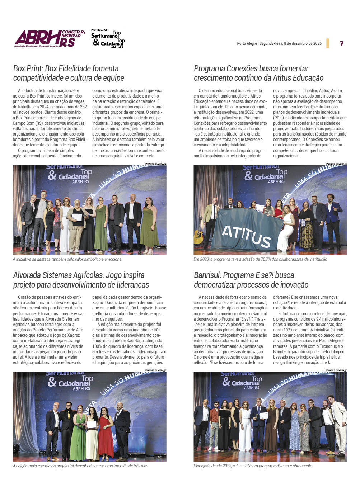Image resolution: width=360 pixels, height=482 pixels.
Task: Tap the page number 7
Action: pyautogui.click(x=341, y=43)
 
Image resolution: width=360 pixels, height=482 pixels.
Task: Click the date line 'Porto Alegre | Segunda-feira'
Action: pyautogui.click(x=279, y=43)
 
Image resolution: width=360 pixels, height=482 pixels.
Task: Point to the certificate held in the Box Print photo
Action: pyautogui.click(x=77, y=217)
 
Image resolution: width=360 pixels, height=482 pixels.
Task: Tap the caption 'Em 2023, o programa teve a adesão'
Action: pyautogui.click(x=260, y=259)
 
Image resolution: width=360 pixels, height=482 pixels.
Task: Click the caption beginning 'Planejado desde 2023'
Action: pyautogui.click(x=253, y=466)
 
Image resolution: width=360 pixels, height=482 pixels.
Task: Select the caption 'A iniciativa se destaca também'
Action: pyautogui.click(x=67, y=259)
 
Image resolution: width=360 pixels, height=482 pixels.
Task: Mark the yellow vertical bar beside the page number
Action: pyautogui.click(x=328, y=43)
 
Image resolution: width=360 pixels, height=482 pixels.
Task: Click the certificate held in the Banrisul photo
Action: pyautogui.click(x=264, y=415)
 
